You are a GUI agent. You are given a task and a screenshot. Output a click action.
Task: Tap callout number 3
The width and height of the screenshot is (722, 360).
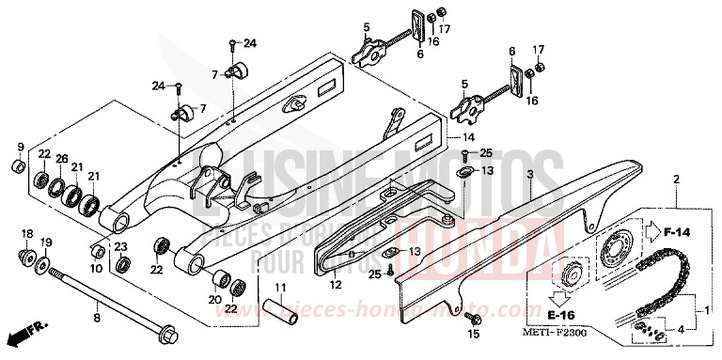(x=530, y=176)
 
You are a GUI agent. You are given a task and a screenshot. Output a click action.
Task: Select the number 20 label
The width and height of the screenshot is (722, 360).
(x=213, y=301)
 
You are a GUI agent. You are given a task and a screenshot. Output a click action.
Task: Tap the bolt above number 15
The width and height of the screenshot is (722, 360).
(x=468, y=317)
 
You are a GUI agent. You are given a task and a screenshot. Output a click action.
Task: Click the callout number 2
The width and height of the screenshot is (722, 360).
(x=676, y=178)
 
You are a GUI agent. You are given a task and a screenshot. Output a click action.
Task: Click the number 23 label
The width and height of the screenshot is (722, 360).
(x=120, y=246)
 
